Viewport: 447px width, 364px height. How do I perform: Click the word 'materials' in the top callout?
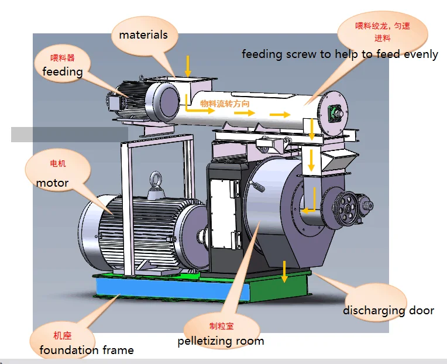tap(143, 35)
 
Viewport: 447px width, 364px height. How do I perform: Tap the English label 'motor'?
tap(53, 183)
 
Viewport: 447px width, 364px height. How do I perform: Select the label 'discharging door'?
tap(388, 310)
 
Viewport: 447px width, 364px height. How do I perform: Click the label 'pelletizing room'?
tap(221, 341)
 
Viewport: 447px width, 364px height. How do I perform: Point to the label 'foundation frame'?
tap(87, 351)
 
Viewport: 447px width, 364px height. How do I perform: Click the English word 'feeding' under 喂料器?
tap(63, 71)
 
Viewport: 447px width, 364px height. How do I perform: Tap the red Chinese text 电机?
tap(58, 164)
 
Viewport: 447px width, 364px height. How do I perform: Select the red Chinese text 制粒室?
tap(221, 326)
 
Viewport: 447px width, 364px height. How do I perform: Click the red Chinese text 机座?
tap(62, 336)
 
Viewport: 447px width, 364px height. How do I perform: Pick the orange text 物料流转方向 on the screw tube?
tap(225, 104)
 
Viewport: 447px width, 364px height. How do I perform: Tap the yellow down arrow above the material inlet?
tap(188, 64)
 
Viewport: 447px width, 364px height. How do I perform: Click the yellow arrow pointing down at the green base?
tap(284, 271)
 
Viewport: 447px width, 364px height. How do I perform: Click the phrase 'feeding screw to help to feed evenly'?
tap(340, 54)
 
